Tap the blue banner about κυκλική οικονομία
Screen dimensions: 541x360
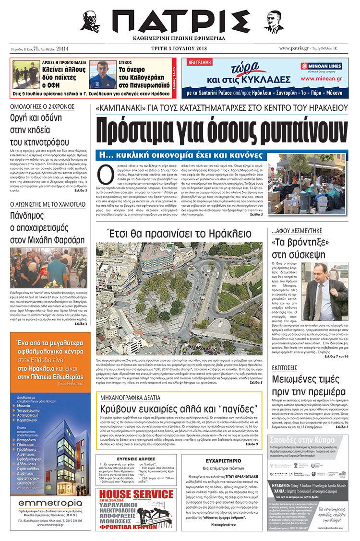point(180,155)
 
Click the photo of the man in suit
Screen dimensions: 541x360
point(333,292)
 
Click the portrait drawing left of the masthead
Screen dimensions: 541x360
point(91,22)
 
